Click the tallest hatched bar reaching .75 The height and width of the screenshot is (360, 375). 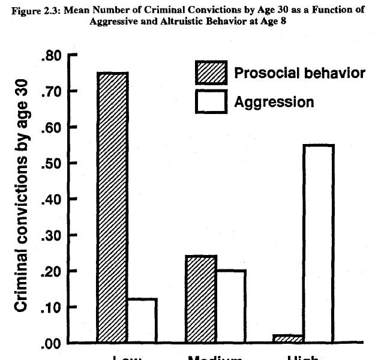(113, 207)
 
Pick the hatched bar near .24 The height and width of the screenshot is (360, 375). (201, 299)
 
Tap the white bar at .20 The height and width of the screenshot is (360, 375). (231, 306)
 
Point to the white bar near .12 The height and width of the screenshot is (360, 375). (143, 320)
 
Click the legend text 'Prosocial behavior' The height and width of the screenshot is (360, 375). (299, 73)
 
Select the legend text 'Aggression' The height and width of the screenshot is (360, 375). (274, 101)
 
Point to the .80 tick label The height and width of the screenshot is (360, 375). (53, 56)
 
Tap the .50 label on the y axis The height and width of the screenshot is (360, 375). (53, 163)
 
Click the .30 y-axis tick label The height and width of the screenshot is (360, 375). (53, 235)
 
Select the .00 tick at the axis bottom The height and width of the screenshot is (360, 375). (53, 343)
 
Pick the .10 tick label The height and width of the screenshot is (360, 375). (53, 307)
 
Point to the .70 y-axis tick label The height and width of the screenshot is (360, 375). (53, 91)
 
